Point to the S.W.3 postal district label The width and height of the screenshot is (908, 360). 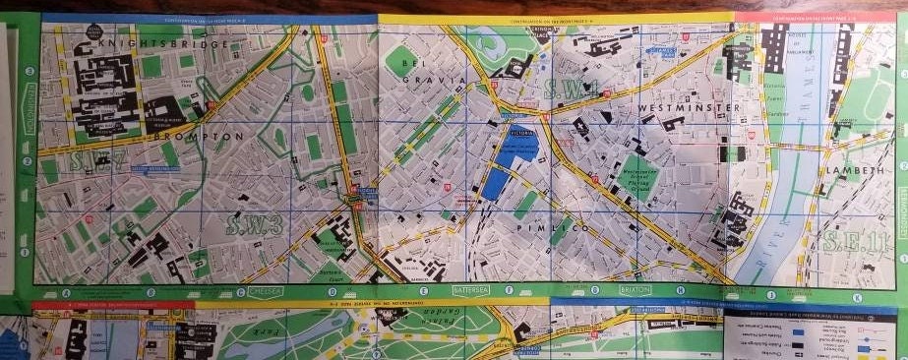pos(254,224)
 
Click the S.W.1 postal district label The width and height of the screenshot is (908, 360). pos(576,90)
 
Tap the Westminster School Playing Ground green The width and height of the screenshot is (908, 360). pos(637,175)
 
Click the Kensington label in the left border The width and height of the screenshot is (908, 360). pos(29,98)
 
